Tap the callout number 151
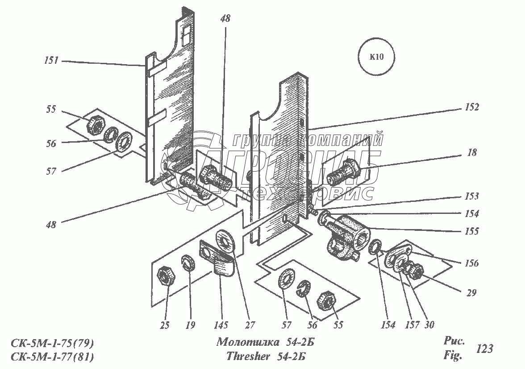(x=51, y=61)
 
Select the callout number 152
(x=471, y=107)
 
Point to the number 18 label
(x=472, y=153)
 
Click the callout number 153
(x=471, y=197)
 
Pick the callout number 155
(x=471, y=231)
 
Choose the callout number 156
(x=471, y=263)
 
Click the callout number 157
(x=412, y=325)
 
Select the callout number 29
(x=471, y=293)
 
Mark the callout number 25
(x=165, y=325)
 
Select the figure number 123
(x=485, y=348)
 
